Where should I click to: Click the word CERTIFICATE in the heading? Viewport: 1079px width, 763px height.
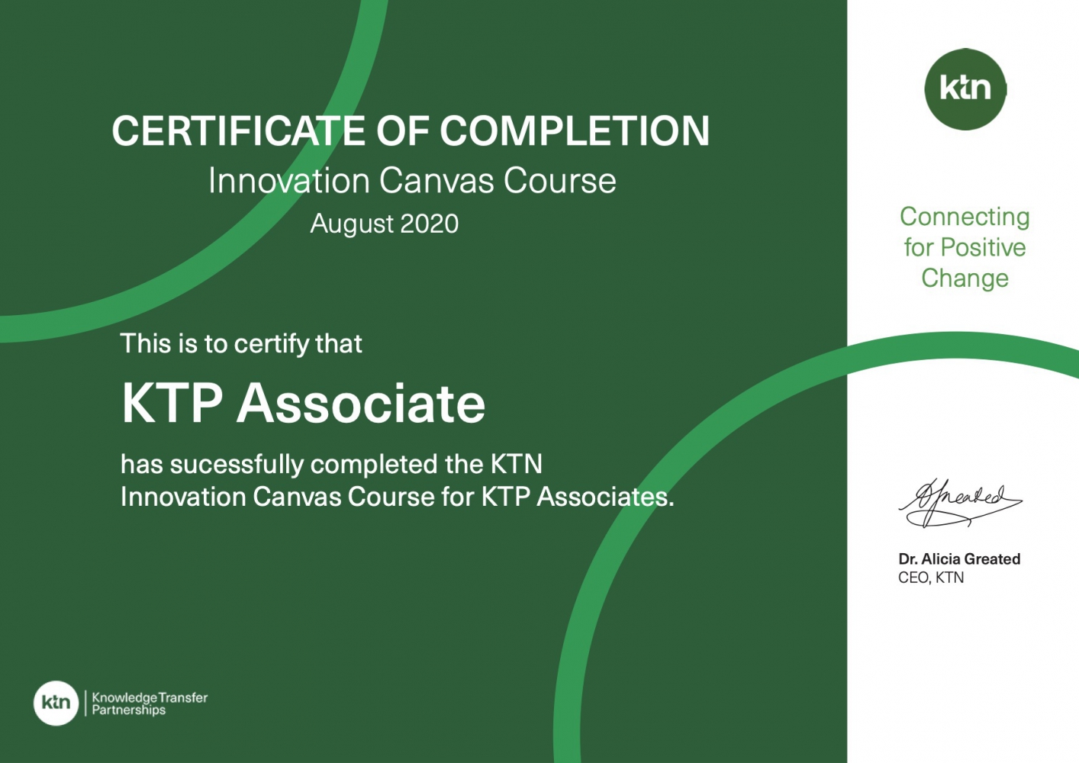238,130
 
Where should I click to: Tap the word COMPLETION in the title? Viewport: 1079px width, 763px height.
575,130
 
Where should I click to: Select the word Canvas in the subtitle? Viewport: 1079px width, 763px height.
436,181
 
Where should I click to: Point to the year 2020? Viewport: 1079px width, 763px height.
429,224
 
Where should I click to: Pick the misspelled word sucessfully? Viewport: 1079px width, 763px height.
237,465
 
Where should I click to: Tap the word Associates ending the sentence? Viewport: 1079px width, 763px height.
605,497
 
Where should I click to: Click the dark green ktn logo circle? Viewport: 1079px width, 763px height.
965,89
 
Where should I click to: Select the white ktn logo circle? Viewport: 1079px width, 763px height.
56,703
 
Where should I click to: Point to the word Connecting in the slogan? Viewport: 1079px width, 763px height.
965,218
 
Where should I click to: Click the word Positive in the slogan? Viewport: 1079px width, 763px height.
983,247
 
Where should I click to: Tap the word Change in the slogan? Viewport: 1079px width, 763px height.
965,279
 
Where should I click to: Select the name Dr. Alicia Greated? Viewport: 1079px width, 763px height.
959,559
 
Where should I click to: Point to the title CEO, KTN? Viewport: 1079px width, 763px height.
931,578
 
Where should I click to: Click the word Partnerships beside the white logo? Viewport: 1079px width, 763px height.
129,710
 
